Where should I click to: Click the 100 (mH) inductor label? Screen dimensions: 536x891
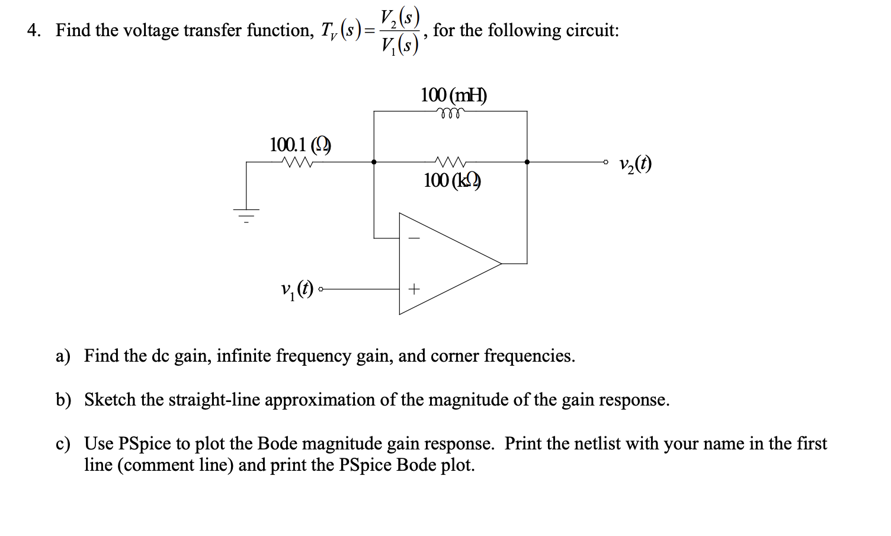453,95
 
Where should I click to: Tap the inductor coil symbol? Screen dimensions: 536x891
450,111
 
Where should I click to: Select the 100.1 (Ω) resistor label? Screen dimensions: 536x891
300,144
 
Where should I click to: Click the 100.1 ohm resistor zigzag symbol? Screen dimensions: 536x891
299,161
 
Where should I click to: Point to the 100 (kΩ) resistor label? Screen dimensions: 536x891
452,180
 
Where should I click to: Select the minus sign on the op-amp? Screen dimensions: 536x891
414,238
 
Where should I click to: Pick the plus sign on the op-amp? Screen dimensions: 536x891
414,289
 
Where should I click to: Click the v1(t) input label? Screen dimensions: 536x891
297,289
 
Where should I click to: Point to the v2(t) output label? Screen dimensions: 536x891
634,164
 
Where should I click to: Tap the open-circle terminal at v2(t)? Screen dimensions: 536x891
605,161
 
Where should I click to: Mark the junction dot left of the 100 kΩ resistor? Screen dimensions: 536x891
373,161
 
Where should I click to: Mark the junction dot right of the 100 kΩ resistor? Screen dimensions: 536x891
527,161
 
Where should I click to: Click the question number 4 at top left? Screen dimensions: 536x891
33,30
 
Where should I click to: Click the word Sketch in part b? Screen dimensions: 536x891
110,400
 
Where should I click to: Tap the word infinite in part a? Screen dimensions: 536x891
242,356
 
